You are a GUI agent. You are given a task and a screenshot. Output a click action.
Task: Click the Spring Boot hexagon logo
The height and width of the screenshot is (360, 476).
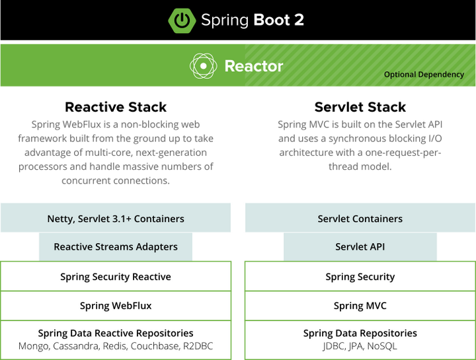(182, 20)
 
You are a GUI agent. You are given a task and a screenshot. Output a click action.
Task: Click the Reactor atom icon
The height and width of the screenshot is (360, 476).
(203, 66)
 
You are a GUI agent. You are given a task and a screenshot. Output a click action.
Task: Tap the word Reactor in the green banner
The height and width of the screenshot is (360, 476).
(254, 66)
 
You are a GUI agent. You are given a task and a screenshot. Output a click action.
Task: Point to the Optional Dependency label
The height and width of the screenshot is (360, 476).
(424, 75)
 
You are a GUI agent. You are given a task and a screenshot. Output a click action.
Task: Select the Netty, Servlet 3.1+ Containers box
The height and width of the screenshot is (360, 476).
(116, 219)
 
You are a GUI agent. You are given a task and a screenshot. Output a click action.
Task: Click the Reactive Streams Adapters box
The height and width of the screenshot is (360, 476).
(116, 247)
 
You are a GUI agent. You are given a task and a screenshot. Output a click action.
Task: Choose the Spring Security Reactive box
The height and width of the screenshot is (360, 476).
(116, 277)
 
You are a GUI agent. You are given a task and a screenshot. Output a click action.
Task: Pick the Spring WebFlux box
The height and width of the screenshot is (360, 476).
(116, 306)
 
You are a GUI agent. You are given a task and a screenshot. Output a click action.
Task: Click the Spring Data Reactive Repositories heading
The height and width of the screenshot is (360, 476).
(116, 334)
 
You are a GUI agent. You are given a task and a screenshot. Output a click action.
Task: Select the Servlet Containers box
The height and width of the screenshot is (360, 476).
(360, 219)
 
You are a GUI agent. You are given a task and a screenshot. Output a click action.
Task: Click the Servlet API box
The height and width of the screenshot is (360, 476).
(360, 247)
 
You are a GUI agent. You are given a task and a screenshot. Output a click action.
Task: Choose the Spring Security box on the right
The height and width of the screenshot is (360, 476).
(360, 277)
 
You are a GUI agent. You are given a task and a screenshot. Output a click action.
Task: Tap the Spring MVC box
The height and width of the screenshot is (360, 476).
(360, 306)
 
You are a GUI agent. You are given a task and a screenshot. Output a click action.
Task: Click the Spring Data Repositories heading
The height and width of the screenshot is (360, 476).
(360, 334)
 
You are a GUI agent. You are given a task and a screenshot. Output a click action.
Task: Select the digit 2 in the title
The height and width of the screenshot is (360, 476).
(298, 20)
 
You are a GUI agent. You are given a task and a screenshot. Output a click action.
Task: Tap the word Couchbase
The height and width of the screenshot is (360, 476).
(155, 346)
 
